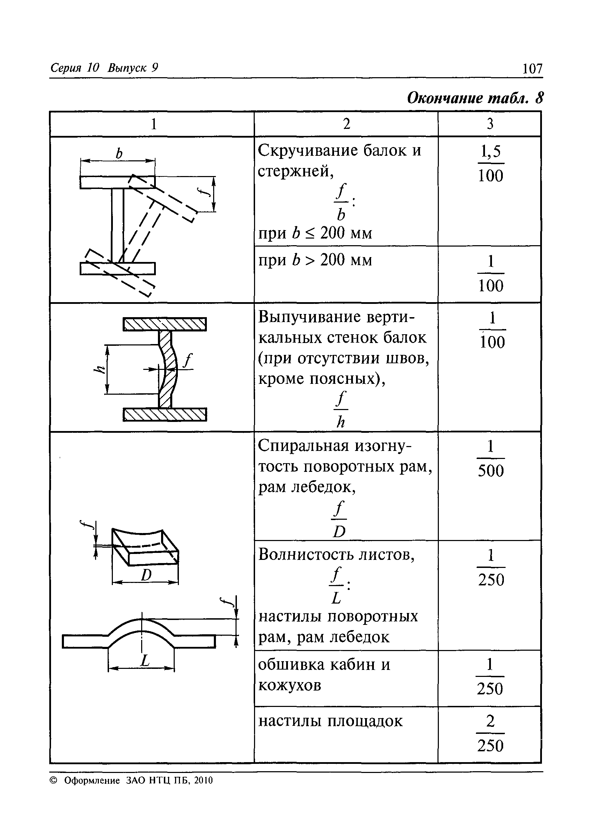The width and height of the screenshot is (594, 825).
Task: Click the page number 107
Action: [532, 68]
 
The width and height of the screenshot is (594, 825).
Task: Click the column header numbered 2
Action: [346, 124]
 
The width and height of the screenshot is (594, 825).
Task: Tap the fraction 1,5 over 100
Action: [490, 163]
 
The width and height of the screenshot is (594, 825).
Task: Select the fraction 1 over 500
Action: [490, 458]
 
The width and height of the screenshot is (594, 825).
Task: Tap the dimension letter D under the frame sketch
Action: [146, 575]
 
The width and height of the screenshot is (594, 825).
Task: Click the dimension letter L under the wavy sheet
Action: [145, 660]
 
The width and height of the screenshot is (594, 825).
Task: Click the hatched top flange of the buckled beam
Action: [165, 324]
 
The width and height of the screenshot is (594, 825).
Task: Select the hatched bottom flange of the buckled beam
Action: [165, 414]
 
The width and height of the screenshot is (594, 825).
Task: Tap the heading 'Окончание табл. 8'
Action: [475, 98]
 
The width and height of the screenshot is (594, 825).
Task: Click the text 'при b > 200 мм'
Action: [315, 261]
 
